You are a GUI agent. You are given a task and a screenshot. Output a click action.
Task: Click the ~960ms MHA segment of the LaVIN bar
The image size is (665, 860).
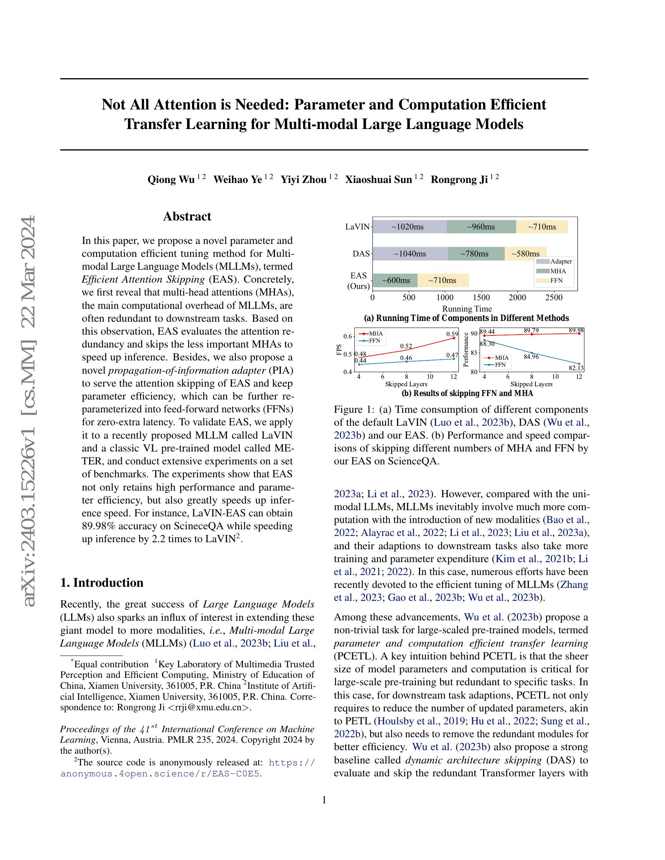click(x=481, y=227)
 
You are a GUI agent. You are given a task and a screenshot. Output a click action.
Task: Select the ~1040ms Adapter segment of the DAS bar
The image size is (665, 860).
click(x=410, y=254)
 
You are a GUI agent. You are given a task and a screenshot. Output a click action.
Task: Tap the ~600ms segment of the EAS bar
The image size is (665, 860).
click(x=395, y=280)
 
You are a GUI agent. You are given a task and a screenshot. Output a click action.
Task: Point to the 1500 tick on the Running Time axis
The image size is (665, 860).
click(x=481, y=298)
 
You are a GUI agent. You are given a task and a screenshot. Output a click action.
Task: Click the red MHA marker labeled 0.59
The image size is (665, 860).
click(x=454, y=338)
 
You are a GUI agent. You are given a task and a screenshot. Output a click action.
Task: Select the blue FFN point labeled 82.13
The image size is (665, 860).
click(x=579, y=364)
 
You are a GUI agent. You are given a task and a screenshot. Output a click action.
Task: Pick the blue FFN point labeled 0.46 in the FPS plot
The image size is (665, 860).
click(x=406, y=362)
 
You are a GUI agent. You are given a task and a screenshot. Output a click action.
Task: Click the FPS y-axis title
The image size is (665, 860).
click(x=339, y=350)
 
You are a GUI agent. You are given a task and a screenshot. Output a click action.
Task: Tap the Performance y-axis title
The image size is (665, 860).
click(x=466, y=350)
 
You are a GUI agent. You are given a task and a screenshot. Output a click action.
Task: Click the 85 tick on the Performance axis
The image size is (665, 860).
click(x=474, y=353)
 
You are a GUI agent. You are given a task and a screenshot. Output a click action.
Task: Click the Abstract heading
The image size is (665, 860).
click(x=187, y=217)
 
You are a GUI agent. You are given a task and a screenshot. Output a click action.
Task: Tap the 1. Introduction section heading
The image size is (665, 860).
click(x=102, y=582)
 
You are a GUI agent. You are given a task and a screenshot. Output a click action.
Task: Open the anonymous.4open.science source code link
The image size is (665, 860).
click(x=160, y=774)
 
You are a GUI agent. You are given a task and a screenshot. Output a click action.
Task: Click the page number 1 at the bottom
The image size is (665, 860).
click(x=324, y=800)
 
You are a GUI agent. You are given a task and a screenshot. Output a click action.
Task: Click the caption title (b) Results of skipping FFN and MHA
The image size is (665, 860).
click(x=467, y=393)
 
